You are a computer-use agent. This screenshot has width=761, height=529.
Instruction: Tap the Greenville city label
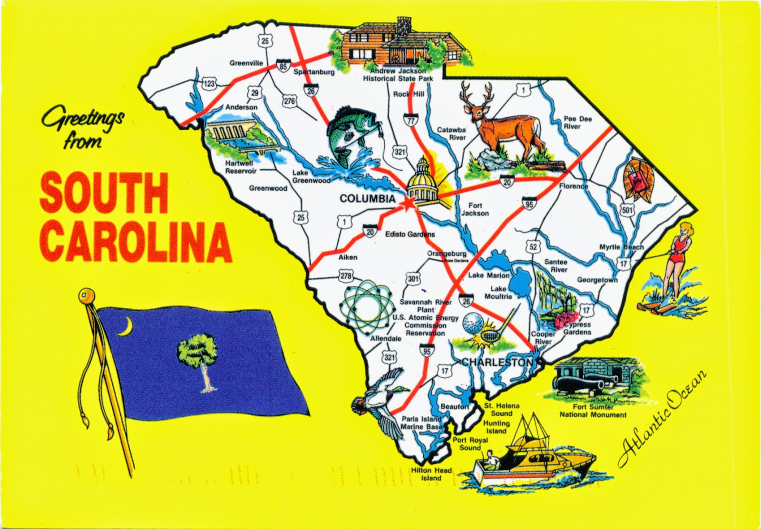[x=246, y=62]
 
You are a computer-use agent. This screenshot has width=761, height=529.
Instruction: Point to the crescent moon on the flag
[x=125, y=327]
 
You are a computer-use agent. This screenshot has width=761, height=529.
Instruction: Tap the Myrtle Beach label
[x=621, y=247]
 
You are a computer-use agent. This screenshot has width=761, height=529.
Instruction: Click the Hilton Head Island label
[x=431, y=474]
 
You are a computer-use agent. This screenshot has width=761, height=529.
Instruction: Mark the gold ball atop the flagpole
[x=85, y=295]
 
